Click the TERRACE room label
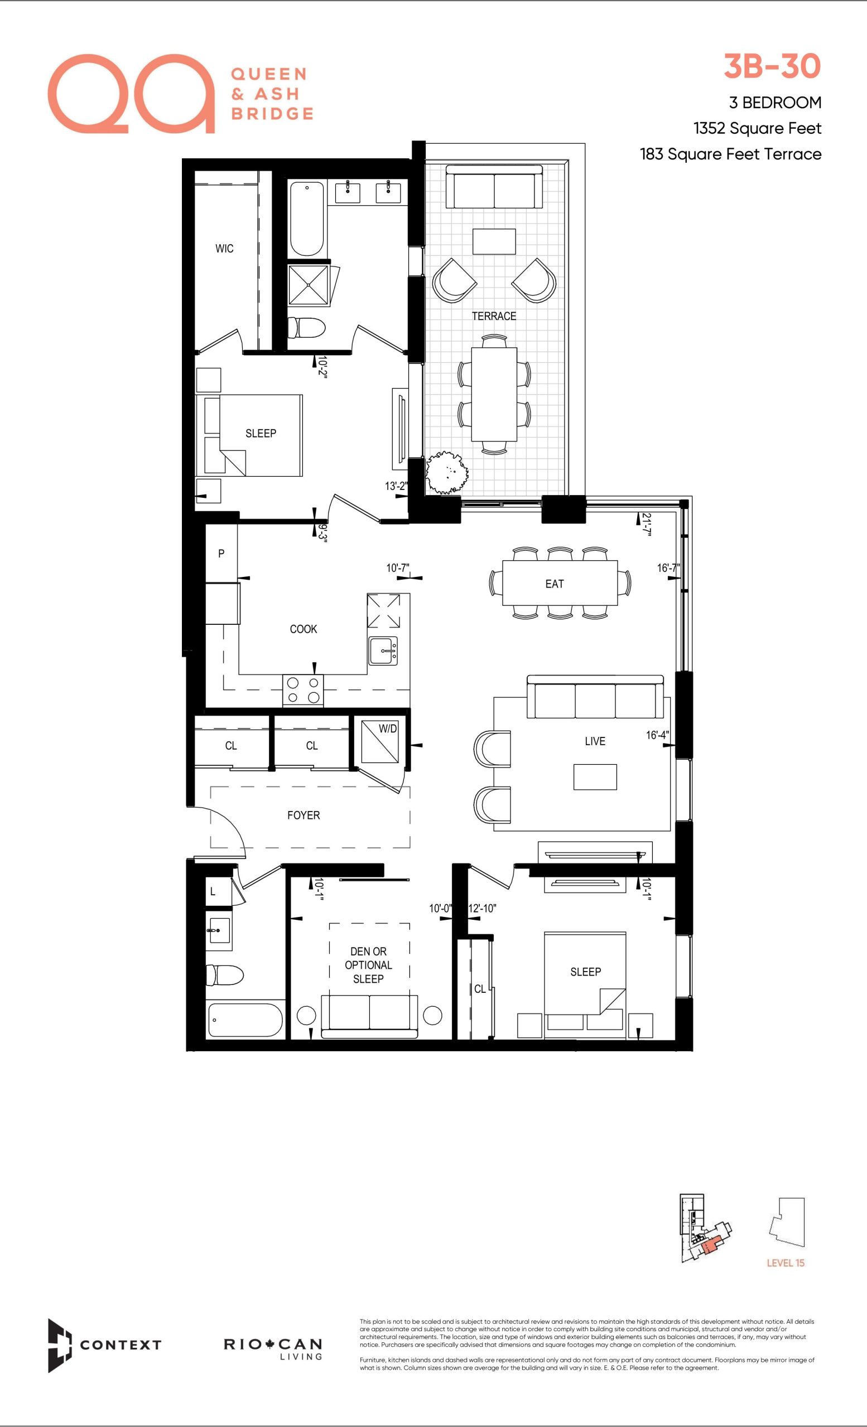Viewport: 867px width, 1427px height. pos(494,316)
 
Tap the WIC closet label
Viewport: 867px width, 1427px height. pos(224,249)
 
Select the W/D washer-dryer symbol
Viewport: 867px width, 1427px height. pos(380,741)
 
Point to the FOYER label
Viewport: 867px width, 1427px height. pos(303,816)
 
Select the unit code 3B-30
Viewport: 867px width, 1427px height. pos(773,66)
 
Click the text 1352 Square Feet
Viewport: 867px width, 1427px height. pos(757,128)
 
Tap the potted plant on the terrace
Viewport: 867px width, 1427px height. pos(447,473)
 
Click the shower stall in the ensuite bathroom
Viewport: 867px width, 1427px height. pos(309,284)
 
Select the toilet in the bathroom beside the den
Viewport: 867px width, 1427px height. pos(225,976)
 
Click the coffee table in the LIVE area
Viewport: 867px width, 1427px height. pos(595,776)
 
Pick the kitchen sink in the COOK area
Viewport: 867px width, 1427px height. pos(383,651)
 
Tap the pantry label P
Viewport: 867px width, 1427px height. pos(221,554)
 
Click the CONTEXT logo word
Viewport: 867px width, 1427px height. pos(120,1345)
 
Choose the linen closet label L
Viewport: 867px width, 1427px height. pos(213,892)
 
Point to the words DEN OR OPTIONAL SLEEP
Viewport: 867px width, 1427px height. pos(368,965)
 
